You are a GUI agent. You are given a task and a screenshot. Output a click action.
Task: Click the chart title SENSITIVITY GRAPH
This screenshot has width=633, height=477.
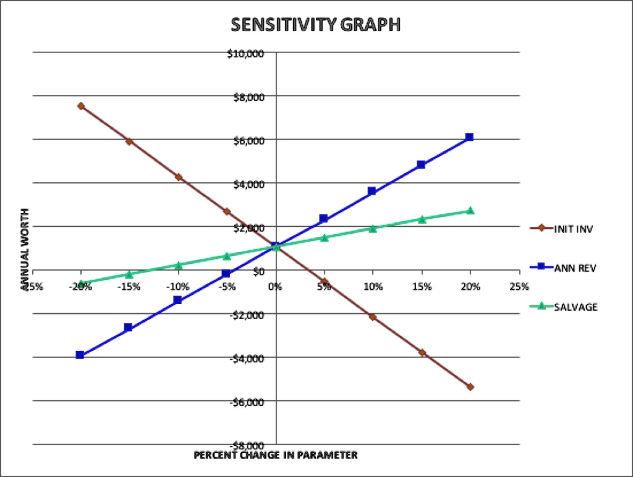pyautogui.click(x=316, y=25)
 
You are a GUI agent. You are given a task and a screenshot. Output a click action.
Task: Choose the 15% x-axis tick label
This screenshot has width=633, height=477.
pyautogui.click(x=422, y=287)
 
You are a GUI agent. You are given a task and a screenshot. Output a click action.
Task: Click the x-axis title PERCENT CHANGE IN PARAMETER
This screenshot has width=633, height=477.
pyautogui.click(x=276, y=455)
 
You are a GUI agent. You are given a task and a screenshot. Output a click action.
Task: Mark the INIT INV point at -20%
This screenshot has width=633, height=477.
pyautogui.click(x=80, y=106)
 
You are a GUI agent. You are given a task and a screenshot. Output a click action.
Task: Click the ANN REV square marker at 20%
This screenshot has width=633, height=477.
pyautogui.click(x=470, y=137)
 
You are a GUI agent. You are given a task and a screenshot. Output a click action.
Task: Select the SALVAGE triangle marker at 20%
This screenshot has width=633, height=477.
pyautogui.click(x=470, y=211)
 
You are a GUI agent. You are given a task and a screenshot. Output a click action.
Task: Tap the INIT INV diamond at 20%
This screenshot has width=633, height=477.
pyautogui.click(x=470, y=387)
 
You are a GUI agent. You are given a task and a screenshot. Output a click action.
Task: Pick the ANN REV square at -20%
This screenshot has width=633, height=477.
pyautogui.click(x=80, y=355)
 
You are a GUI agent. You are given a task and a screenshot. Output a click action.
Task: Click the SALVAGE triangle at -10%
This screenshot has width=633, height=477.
pyautogui.click(x=178, y=265)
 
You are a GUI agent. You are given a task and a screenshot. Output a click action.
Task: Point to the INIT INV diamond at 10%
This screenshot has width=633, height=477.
pyautogui.click(x=372, y=317)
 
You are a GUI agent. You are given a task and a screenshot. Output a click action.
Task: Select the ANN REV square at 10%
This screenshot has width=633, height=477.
pyautogui.click(x=372, y=191)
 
